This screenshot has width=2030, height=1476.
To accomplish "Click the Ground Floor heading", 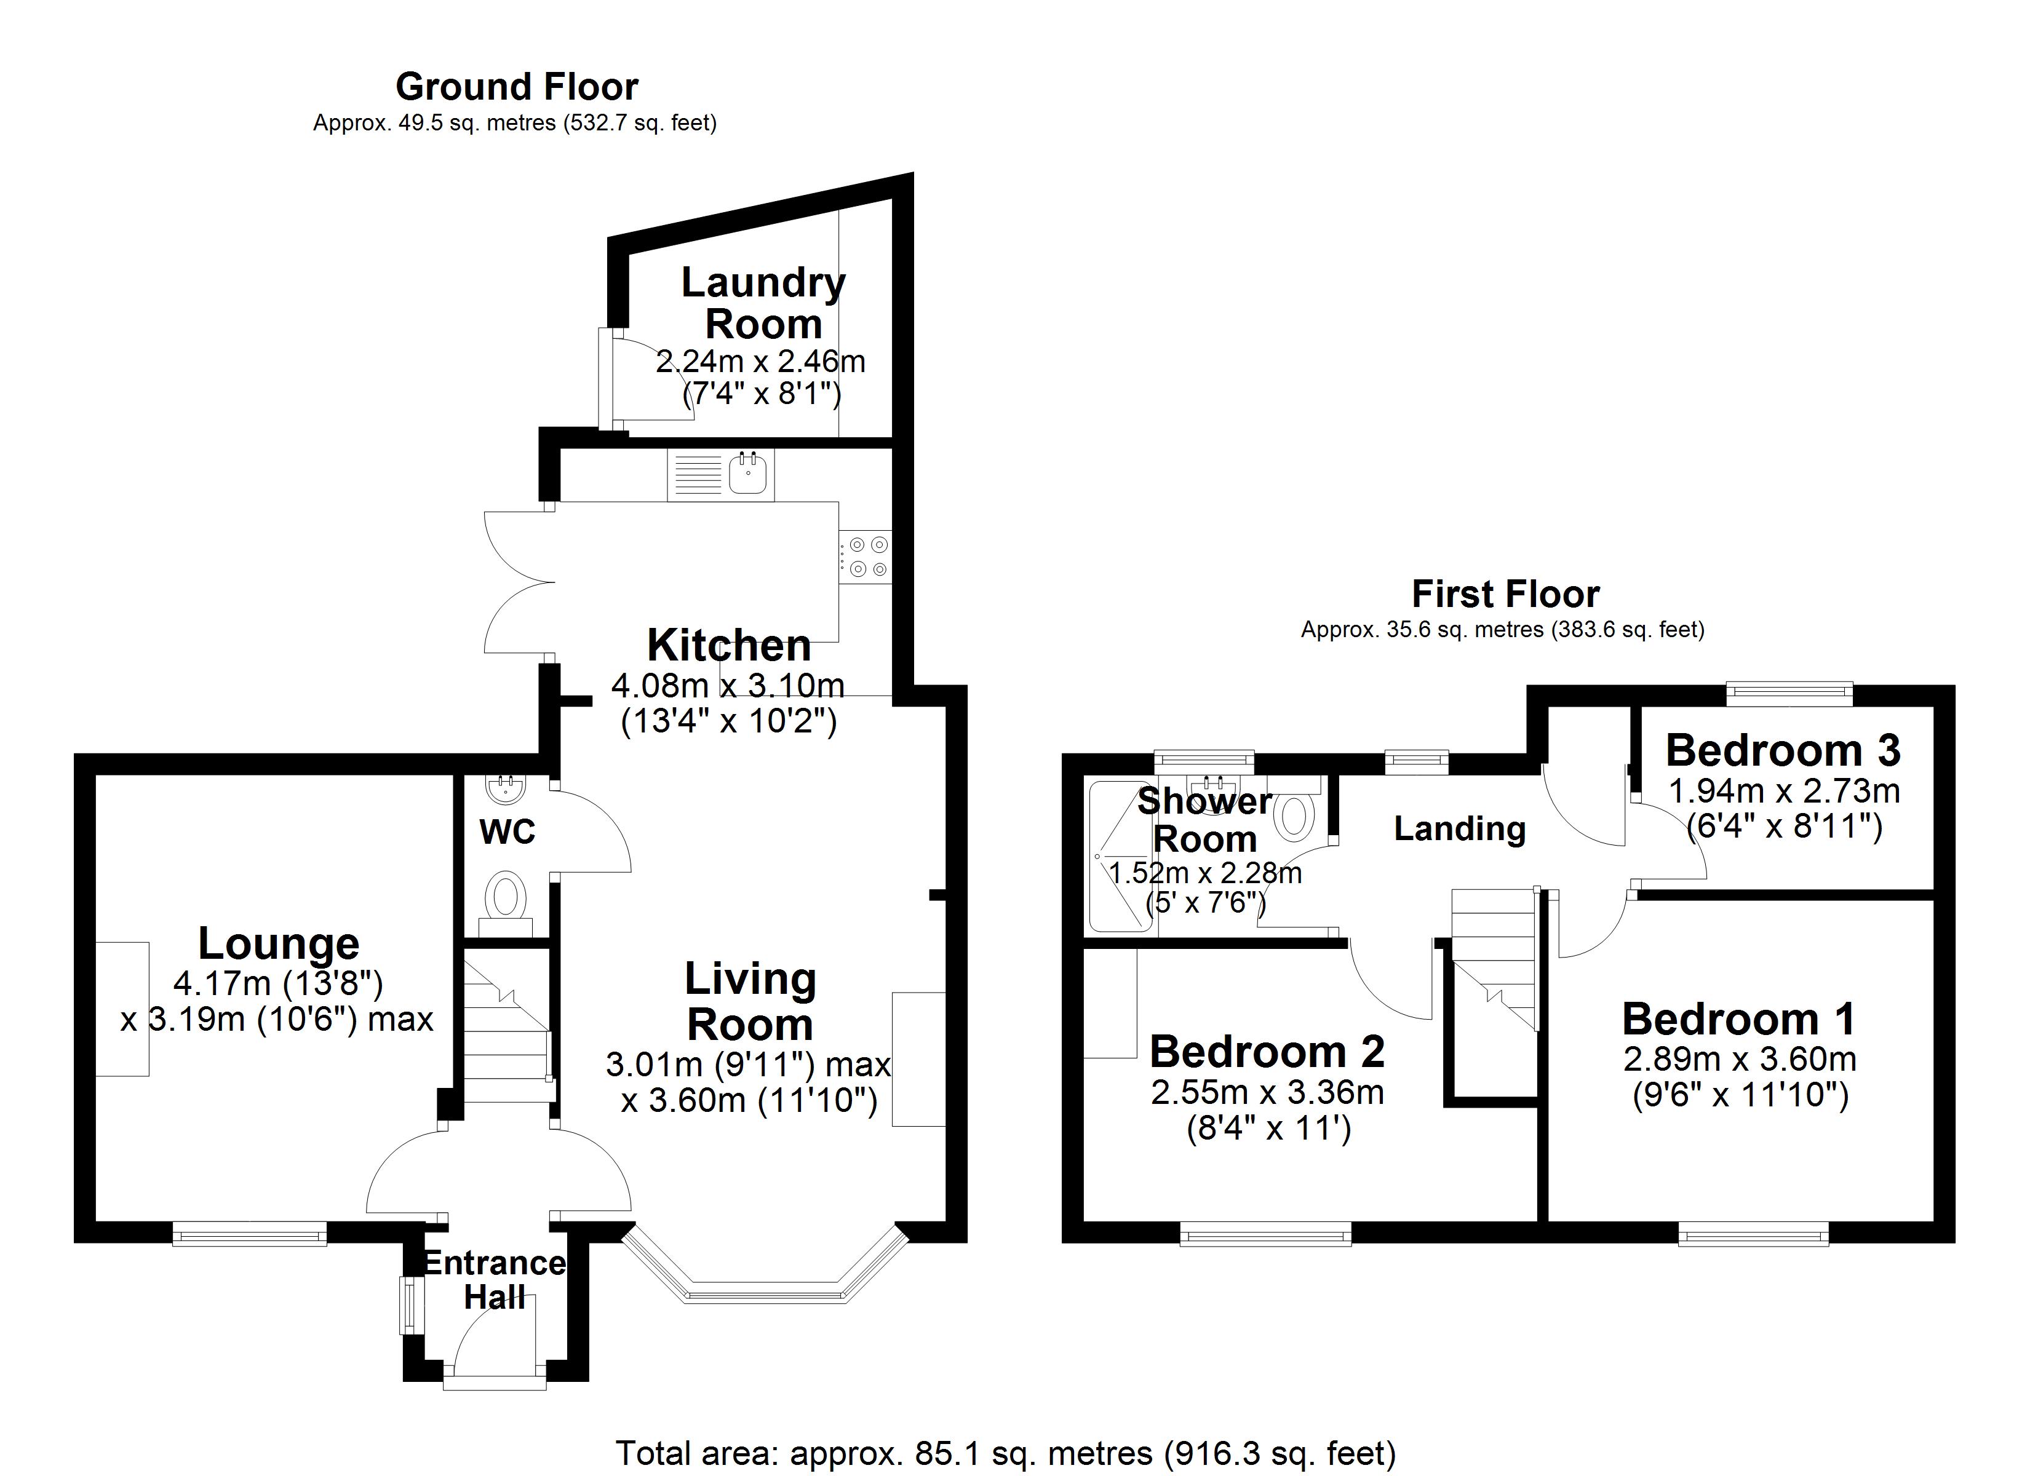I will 517,87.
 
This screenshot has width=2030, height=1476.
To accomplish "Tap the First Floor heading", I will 1505,594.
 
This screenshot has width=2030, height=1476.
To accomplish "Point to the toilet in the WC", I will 507,896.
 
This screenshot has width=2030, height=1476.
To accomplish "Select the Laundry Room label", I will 763,303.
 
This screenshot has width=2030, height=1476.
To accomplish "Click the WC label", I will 507,831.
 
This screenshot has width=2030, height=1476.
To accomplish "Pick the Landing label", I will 1459,829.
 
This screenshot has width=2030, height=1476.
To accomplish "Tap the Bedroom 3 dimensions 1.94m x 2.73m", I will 1784,792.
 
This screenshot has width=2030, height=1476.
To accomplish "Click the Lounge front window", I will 250,1236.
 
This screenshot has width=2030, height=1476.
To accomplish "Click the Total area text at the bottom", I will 1005,1453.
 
